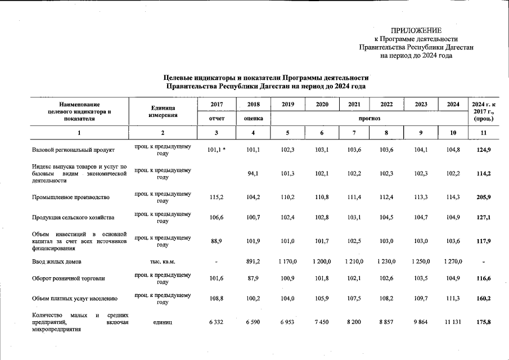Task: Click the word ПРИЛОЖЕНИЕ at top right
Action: click(416, 30)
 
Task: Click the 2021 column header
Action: click(354, 105)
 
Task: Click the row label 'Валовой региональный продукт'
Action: click(73, 150)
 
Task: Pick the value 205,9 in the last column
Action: click(484, 197)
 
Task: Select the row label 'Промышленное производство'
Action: click(70, 197)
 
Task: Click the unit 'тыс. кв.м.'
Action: click(163, 261)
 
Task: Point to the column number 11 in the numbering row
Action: click(484, 133)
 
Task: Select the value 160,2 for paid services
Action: click(484, 299)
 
